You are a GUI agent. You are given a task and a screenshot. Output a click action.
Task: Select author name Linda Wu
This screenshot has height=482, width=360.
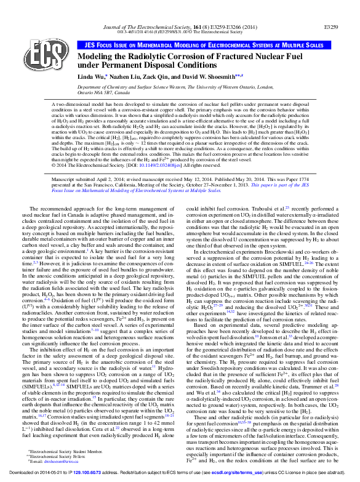(88, 76)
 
